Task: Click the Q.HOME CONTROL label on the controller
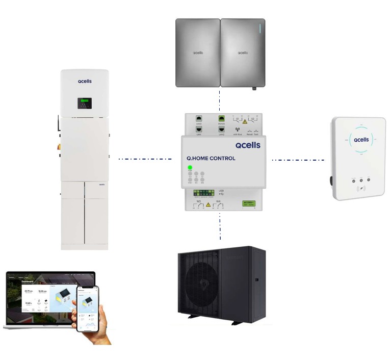pyautogui.click(x=211, y=159)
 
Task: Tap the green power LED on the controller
pyautogui.click(x=190, y=167)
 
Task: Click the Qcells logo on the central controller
pyautogui.click(x=248, y=145)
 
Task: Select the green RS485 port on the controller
pyautogui.click(x=222, y=118)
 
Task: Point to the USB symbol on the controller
pyautogui.click(x=221, y=194)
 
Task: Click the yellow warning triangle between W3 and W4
pyautogui.click(x=208, y=204)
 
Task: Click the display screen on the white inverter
pyautogui.click(x=84, y=104)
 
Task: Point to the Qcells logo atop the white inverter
pyautogui.click(x=85, y=81)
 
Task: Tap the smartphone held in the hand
pyautogui.click(x=87, y=307)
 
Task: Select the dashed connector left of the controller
pyautogui.click(x=145, y=159)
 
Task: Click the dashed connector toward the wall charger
pyautogui.click(x=298, y=160)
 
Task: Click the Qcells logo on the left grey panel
pyautogui.click(x=198, y=52)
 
